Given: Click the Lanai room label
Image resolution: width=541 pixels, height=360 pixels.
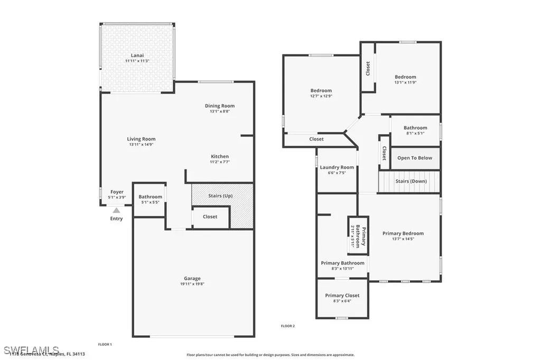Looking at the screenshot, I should tap(137, 55).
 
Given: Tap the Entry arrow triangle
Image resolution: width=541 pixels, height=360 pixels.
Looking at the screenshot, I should tap(116, 210).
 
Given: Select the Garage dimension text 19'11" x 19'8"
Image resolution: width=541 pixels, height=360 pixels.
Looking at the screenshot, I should tap(192, 284).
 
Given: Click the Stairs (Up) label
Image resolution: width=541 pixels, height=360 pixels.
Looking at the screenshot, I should tap(220, 196).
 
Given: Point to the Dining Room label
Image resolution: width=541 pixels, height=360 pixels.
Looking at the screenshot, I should tap(220, 106).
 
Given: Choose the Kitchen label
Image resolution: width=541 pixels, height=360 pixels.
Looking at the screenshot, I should tap(220, 156).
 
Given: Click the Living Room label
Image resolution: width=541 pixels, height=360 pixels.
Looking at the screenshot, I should tap(141, 139).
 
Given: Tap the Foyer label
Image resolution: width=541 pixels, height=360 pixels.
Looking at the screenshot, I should tap(117, 192).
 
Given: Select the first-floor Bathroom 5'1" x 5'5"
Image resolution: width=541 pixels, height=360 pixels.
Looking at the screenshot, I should tap(150, 199).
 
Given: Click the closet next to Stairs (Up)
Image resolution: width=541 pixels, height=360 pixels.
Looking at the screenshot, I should tap(210, 216).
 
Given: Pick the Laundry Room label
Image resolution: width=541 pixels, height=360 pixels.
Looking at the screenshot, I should tap(337, 167).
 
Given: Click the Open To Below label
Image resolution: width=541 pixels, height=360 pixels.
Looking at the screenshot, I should tap(415, 158).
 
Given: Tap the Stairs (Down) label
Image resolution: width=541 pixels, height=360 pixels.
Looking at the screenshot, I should tap(411, 181).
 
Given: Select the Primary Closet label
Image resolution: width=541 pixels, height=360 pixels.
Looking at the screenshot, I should tap(342, 296).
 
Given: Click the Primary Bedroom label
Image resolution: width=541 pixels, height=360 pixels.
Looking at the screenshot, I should tap(403, 233).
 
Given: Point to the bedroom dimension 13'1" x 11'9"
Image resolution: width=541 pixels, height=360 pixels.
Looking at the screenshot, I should tap(405, 82).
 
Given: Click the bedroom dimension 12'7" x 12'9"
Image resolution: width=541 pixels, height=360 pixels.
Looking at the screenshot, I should tap(321, 96).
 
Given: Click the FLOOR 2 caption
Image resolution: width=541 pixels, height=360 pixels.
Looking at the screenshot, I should tap(288, 326).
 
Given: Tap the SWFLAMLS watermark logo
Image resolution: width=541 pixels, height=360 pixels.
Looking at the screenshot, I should tap(31, 350).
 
